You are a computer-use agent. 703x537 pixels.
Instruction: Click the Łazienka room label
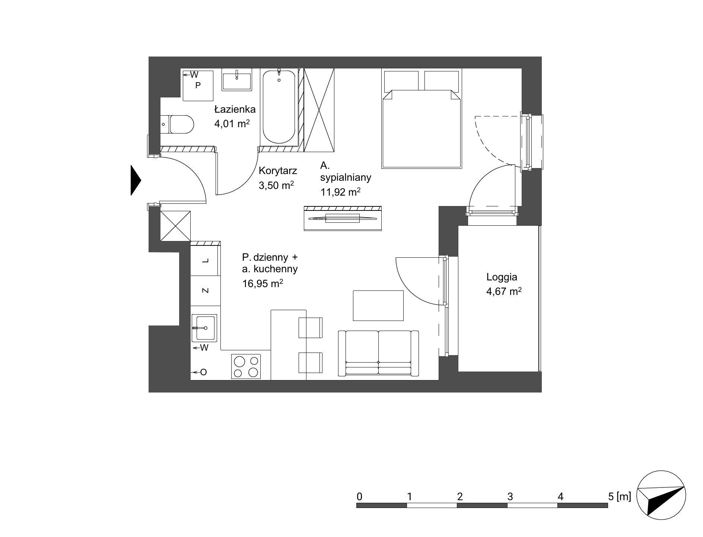pyautogui.click(x=235, y=109)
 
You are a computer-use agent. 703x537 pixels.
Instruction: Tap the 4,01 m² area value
pyautogui.click(x=232, y=123)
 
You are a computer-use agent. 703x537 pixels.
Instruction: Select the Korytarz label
pyautogui.click(x=278, y=171)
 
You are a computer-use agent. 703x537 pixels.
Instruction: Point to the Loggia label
pyautogui.click(x=502, y=277)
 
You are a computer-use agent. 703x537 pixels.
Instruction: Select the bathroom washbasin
pyautogui.click(x=237, y=80)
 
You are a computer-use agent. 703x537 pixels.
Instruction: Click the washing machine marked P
pyautogui.click(x=198, y=85)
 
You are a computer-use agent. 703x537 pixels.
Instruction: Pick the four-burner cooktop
pyautogui.click(x=246, y=366)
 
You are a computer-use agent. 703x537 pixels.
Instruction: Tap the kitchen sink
pyautogui.click(x=204, y=328)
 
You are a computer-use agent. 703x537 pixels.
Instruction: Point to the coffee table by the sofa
pyautogui.click(x=378, y=305)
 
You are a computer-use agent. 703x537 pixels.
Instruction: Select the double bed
pyautogui.click(x=422, y=118)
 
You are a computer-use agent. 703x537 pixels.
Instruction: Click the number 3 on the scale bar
pyautogui.click(x=510, y=496)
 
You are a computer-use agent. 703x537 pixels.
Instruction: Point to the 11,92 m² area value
pyautogui.click(x=340, y=192)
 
